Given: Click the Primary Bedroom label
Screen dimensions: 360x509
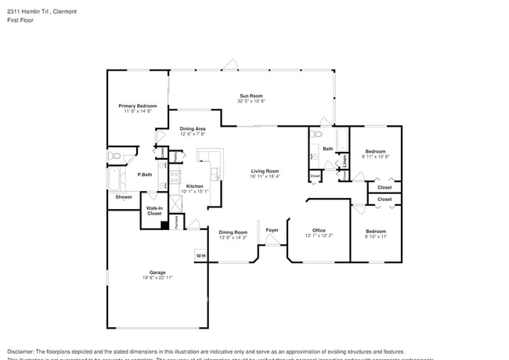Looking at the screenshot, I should [137, 106].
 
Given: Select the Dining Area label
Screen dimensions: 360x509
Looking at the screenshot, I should [193, 128].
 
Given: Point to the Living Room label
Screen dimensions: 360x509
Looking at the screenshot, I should [265, 171].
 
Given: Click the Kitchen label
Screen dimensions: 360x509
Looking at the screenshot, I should [194, 185].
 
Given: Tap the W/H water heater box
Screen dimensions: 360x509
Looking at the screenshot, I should [200, 256].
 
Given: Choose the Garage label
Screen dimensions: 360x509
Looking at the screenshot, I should [157, 272].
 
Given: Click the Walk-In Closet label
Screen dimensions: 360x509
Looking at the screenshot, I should [154, 211].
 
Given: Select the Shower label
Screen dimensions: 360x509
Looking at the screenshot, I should [124, 197].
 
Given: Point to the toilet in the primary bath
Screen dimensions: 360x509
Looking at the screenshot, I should [115, 156].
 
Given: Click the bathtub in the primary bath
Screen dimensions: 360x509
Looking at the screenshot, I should [115, 180].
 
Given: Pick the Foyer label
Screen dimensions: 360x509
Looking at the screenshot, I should [272, 230].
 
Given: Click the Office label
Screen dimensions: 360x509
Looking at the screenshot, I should [319, 230].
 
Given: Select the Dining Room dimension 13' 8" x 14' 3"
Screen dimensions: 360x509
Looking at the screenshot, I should [233, 237].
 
